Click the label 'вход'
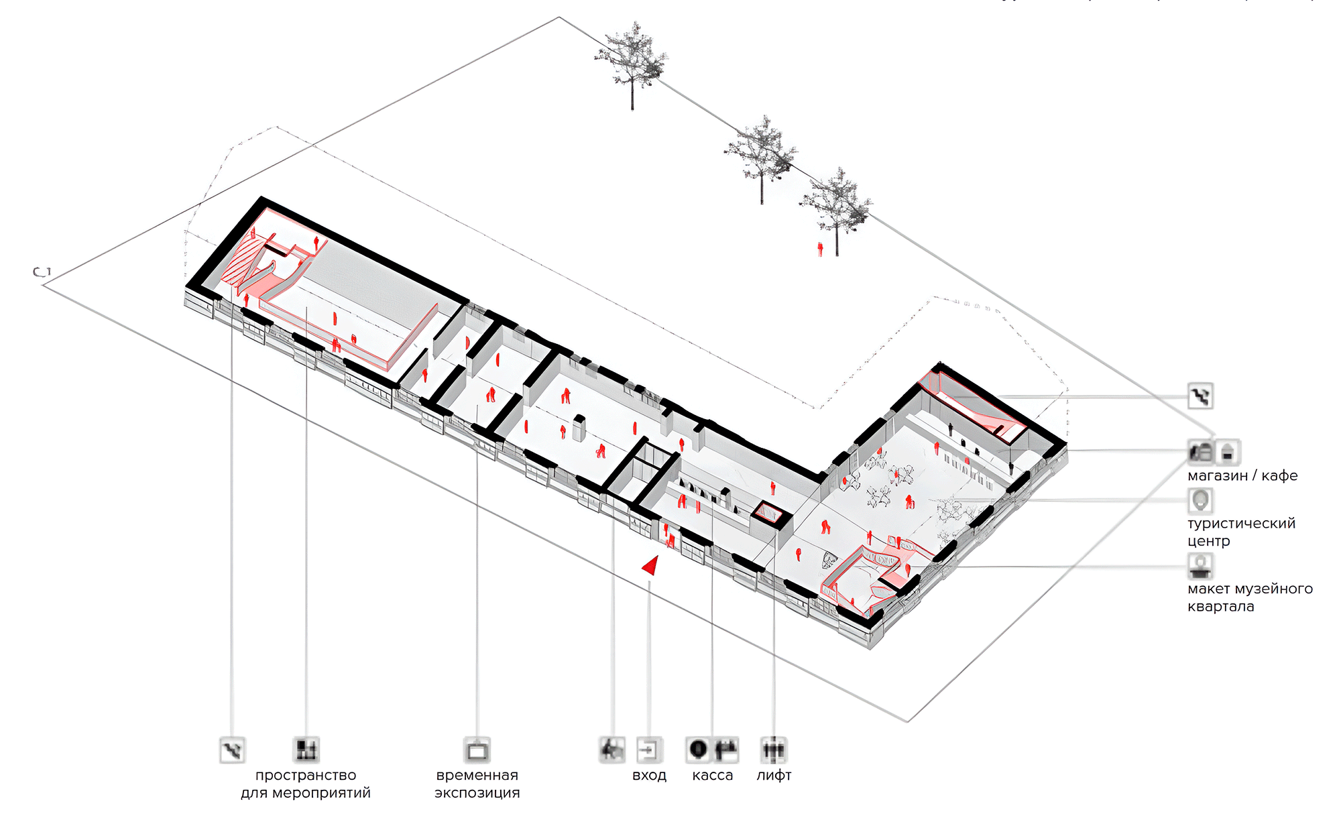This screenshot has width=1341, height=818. (x=649, y=776)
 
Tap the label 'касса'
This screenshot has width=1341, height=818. (x=712, y=776)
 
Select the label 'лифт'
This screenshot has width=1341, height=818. (x=774, y=776)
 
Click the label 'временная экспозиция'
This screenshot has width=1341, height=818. (x=477, y=784)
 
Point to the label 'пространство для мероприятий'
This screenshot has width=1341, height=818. (x=306, y=784)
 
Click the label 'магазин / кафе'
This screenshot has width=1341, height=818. (x=1242, y=476)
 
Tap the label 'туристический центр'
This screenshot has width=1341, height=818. (x=1241, y=532)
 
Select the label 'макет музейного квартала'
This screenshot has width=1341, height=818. (x=1250, y=597)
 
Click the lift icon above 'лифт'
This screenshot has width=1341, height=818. (x=774, y=750)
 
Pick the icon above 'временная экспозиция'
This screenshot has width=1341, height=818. (x=477, y=750)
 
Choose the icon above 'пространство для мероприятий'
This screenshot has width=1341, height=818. (x=306, y=750)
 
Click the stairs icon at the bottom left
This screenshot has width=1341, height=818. (x=232, y=750)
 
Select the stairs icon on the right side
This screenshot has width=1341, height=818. (x=1200, y=396)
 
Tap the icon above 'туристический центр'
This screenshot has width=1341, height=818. (x=1200, y=500)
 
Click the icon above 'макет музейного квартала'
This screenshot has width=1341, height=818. (x=1200, y=565)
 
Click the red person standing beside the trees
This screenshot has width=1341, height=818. (x=820, y=249)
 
